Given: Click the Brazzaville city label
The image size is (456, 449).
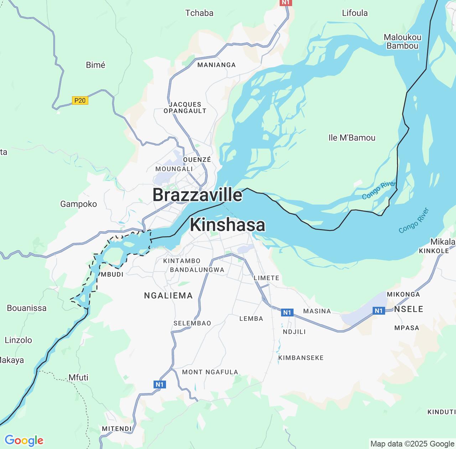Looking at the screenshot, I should (197, 195).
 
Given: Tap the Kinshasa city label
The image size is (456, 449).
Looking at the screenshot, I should (228, 225).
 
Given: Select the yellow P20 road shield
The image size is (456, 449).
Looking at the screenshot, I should (80, 100).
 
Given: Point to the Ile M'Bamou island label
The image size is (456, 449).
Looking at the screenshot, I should (352, 138).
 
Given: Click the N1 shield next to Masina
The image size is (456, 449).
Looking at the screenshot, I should (287, 313).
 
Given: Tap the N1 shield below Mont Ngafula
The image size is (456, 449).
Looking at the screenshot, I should (159, 384).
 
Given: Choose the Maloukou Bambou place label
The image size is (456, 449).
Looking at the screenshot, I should (402, 41).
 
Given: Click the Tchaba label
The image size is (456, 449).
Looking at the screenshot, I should (199, 13).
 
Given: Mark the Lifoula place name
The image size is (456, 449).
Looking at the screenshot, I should (354, 13).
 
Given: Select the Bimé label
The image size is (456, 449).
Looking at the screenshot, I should (95, 65).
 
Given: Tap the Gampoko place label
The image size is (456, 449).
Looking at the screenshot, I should (78, 204).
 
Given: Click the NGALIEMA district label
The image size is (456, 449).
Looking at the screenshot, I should (168, 295).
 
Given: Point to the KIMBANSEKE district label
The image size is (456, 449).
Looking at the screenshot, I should (301, 358).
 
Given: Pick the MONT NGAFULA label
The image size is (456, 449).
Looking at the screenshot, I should (210, 372).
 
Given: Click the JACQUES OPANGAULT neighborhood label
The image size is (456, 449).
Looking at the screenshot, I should (185, 108).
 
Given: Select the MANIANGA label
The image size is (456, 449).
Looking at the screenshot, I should (216, 65).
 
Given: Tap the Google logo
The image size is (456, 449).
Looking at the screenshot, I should (24, 440).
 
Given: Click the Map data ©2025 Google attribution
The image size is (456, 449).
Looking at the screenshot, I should (412, 444).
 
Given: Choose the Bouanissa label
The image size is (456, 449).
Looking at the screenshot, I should (27, 308).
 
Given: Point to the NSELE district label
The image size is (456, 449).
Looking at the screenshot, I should (409, 309).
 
